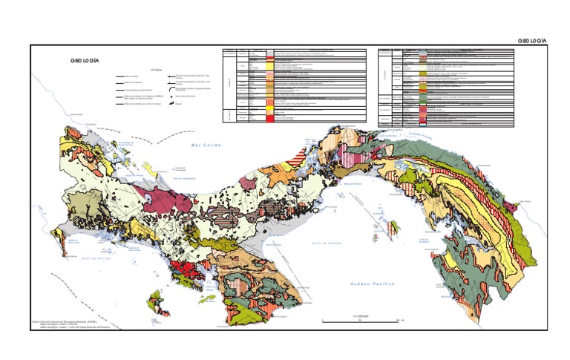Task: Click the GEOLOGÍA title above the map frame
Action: pyautogui.click(x=531, y=40)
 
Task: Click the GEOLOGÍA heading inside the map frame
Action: pyautogui.click(x=85, y=60)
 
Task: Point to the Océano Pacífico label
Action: pyautogui.click(x=373, y=284)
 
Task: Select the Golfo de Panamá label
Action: pyautogui.click(x=325, y=243)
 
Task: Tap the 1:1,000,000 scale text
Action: pyautogui.click(x=361, y=315)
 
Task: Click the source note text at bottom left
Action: pyautogui.click(x=71, y=325)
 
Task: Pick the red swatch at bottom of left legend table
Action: pyautogui.click(x=270, y=117)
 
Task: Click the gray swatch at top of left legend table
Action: pyautogui.click(x=270, y=54)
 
